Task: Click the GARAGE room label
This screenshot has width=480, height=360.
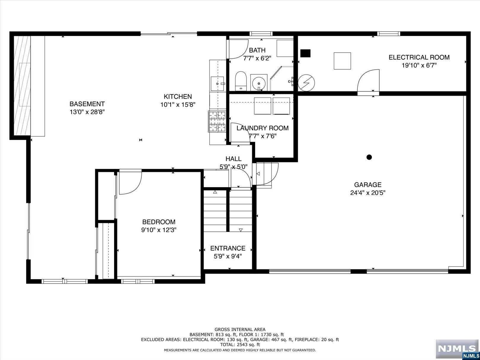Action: point(368,185)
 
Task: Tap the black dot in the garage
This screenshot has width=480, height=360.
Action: point(369,157)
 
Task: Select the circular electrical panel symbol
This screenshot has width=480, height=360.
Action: point(306,83)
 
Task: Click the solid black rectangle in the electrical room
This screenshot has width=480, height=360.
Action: point(305,53)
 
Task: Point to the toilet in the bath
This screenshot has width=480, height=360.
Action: point(241,81)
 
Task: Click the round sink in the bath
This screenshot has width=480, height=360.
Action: point(259,83)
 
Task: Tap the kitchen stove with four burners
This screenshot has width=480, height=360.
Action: point(217,121)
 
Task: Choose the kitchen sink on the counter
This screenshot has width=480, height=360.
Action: point(217,84)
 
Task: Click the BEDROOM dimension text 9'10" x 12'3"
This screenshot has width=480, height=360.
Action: point(159,230)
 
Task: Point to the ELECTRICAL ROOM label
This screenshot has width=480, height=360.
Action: point(419,57)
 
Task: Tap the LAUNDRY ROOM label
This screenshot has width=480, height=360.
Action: point(263,128)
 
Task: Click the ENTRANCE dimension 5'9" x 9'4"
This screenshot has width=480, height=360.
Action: point(228,256)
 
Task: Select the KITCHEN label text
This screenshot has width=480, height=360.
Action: point(178,96)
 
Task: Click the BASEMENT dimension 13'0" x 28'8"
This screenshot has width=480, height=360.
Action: point(87,112)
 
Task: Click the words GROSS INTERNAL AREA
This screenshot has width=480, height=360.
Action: point(240,329)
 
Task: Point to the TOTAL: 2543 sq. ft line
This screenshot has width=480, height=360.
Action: point(240,345)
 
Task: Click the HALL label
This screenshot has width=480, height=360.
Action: point(233,159)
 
